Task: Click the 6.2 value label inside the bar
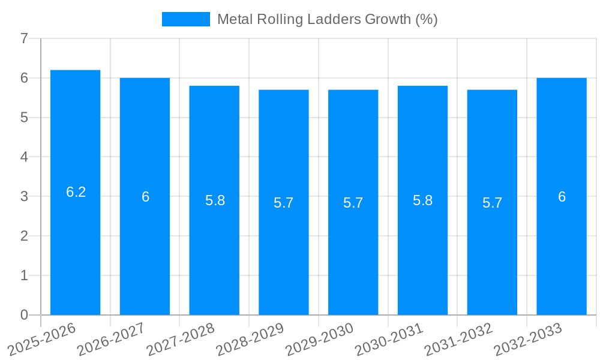[x=76, y=192]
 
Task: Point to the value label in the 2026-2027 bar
[x=145, y=197]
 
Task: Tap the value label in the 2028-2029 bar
[x=284, y=203]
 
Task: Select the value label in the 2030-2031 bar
[x=423, y=200]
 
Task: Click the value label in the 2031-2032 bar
[x=492, y=203]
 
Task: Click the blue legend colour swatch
[x=185, y=19]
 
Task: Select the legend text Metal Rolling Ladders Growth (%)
[x=328, y=19]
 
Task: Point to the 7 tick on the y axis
[x=24, y=39]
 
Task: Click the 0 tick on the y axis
[x=24, y=315]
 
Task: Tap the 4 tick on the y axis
[x=24, y=157]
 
